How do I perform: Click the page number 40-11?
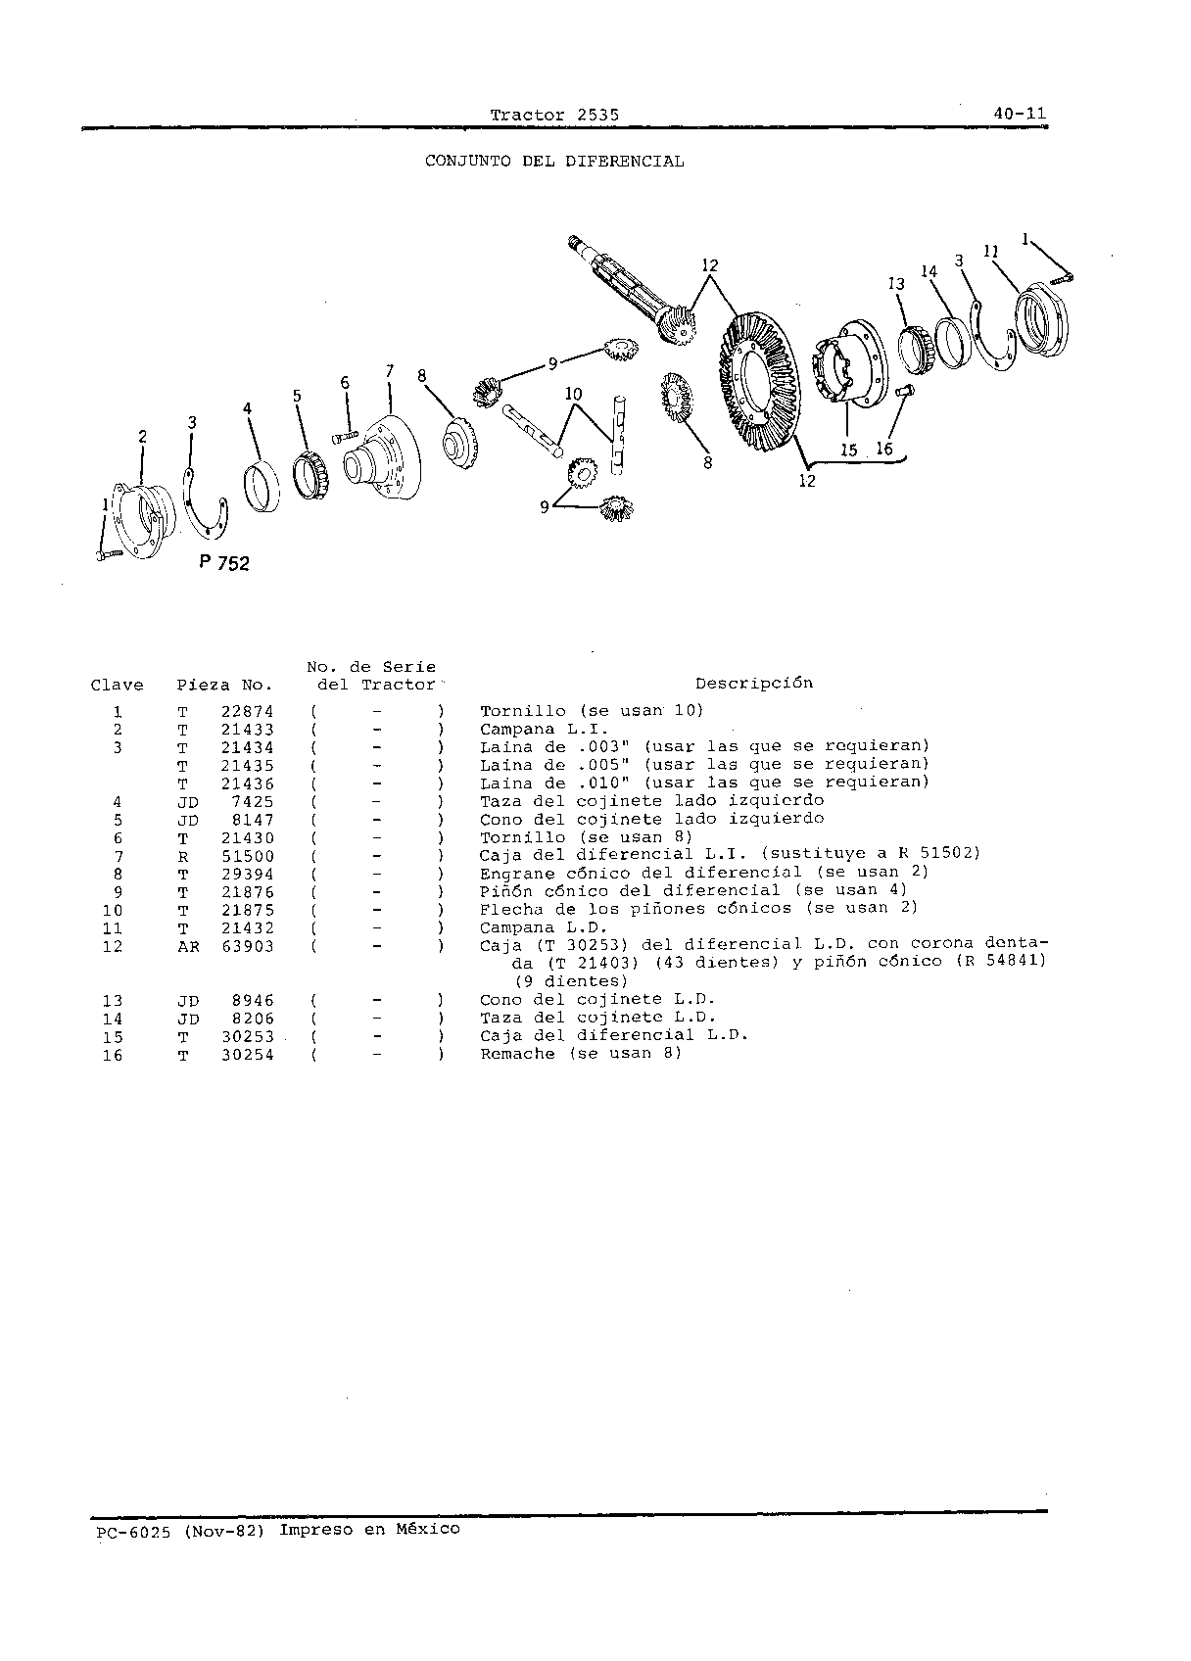tap(1020, 114)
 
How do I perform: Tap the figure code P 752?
tap(224, 563)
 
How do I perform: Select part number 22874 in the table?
tap(248, 712)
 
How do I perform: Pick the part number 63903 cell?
tap(248, 946)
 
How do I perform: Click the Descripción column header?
tap(753, 683)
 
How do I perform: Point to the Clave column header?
tap(118, 686)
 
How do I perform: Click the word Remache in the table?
tap(517, 1054)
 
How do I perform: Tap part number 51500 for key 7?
tap(248, 856)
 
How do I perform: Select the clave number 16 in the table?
tap(113, 1055)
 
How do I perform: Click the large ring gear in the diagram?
tap(759, 380)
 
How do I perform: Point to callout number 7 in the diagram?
tap(390, 371)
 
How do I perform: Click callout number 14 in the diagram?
tap(929, 271)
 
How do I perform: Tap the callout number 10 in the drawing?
tap(573, 394)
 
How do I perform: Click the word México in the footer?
tap(428, 1529)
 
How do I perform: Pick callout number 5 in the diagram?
tap(297, 396)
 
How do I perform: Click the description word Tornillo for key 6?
tap(523, 838)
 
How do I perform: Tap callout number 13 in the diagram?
tap(896, 284)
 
